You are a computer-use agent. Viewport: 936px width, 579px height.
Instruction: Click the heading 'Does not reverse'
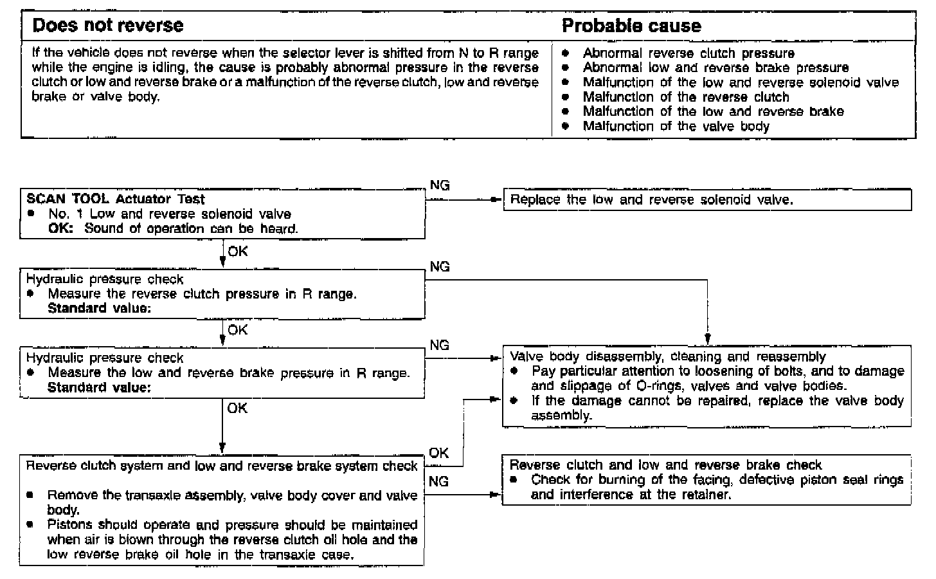pos(107,26)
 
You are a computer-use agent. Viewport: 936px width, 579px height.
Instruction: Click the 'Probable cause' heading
pos(631,26)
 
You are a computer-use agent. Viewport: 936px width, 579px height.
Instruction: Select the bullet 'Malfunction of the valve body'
pos(676,126)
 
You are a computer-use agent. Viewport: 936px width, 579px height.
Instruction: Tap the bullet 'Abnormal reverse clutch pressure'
pos(688,53)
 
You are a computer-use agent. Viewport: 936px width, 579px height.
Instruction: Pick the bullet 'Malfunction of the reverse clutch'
pos(685,97)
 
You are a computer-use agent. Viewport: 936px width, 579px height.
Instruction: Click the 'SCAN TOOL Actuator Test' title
pos(116,199)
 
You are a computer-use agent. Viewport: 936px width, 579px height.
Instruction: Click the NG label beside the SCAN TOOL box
pos(440,185)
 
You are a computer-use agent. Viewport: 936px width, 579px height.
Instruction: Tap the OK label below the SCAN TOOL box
pos(237,252)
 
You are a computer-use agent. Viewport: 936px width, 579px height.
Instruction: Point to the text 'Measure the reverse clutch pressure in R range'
pos(202,294)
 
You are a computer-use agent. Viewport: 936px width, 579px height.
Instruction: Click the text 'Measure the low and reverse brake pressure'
pos(228,372)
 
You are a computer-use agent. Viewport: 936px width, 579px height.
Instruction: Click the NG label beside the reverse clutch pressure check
pos(440,266)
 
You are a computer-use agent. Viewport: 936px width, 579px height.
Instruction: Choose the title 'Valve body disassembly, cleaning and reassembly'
pos(667,356)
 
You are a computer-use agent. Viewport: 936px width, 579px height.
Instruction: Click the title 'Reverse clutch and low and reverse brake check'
pos(665,464)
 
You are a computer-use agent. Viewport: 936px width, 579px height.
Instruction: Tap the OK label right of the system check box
pos(438,453)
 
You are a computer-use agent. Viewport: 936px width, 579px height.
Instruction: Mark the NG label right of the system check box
pos(438,481)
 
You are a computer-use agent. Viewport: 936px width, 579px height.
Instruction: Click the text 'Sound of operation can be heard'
pos(191,228)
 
